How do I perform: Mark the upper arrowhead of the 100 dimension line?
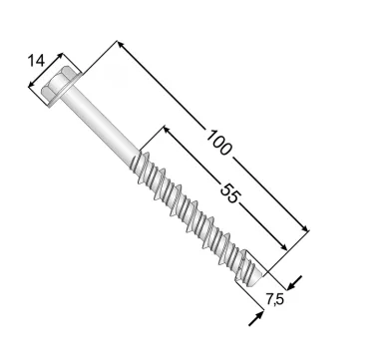pyautogui.click(x=121, y=45)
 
